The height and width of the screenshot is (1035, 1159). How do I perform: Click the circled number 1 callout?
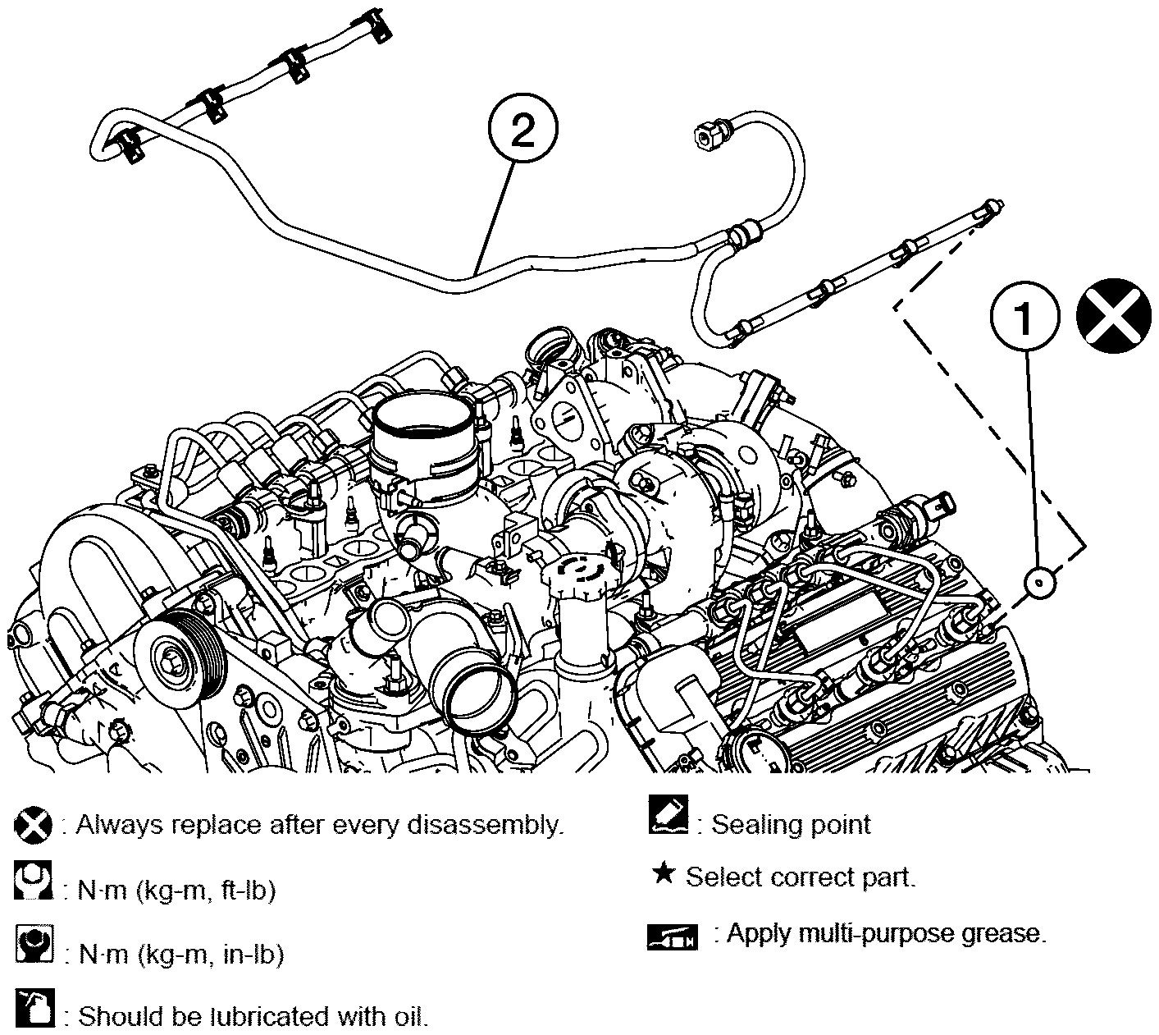[1024, 315]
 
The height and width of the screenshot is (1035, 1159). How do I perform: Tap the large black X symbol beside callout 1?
[1113, 315]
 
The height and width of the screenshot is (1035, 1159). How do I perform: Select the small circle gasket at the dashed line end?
[1039, 584]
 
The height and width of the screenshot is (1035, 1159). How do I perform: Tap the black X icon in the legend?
[33, 825]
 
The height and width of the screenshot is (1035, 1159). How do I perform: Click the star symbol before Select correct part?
[664, 873]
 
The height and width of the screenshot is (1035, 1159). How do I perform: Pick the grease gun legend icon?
[672, 937]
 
